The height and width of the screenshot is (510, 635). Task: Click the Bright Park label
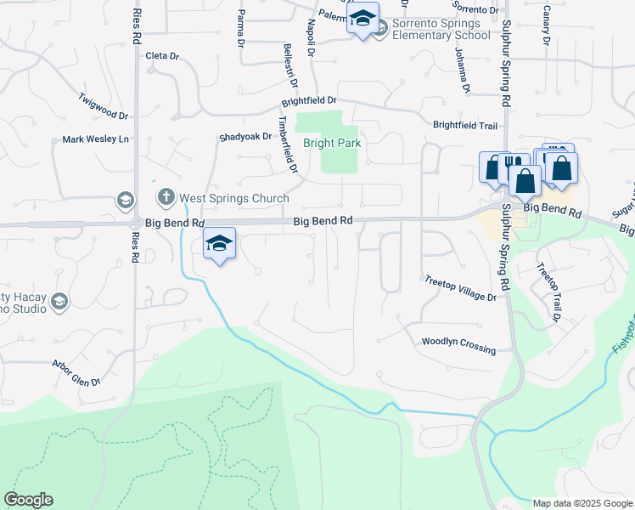click(x=333, y=144)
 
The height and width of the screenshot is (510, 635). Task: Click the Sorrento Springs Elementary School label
click(x=441, y=29)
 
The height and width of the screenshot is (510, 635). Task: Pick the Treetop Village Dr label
click(x=459, y=291)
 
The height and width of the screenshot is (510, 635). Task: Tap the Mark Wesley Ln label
click(x=96, y=139)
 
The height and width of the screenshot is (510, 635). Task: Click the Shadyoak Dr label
click(x=244, y=137)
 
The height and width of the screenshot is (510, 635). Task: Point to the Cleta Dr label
click(x=162, y=57)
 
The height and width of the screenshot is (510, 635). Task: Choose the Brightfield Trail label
click(x=464, y=125)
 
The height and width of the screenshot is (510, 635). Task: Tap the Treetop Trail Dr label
click(x=548, y=292)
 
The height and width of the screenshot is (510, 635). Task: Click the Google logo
click(x=29, y=500)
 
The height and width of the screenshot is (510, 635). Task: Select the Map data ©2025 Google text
click(x=582, y=503)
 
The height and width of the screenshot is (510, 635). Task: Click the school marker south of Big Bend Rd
click(x=219, y=244)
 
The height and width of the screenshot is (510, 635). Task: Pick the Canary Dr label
click(x=546, y=27)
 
